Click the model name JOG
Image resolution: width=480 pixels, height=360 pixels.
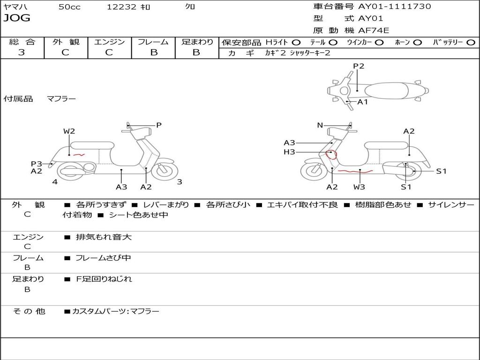pyautogui.click(x=17, y=18)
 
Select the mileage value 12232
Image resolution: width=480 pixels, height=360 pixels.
pyautogui.click(x=121, y=7)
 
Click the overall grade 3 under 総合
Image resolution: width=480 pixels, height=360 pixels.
pyautogui.click(x=22, y=52)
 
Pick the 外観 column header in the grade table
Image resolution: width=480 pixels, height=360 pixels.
pyautogui.click(x=66, y=42)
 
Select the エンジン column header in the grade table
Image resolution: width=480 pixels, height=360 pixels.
pyautogui.click(x=109, y=42)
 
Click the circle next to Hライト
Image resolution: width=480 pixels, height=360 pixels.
pyautogui.click(x=296, y=43)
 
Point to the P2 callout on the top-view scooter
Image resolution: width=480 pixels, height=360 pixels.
pyautogui.click(x=359, y=66)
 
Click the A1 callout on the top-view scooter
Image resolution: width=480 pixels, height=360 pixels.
pyautogui.click(x=363, y=102)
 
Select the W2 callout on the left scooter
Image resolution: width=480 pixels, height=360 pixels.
pyautogui.click(x=69, y=131)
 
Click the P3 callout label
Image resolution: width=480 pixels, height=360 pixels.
pyautogui.click(x=37, y=164)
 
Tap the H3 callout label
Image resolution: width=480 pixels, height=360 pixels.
pyautogui.click(x=289, y=152)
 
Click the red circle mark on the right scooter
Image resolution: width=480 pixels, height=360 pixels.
pyautogui.click(x=331, y=153)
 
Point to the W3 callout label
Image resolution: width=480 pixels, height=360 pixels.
pyautogui.click(x=360, y=187)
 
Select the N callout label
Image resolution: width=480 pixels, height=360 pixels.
pyautogui.click(x=320, y=125)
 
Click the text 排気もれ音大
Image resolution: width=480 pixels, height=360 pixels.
pyautogui.click(x=104, y=237)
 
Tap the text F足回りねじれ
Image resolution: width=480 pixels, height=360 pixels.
pyautogui.click(x=104, y=279)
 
